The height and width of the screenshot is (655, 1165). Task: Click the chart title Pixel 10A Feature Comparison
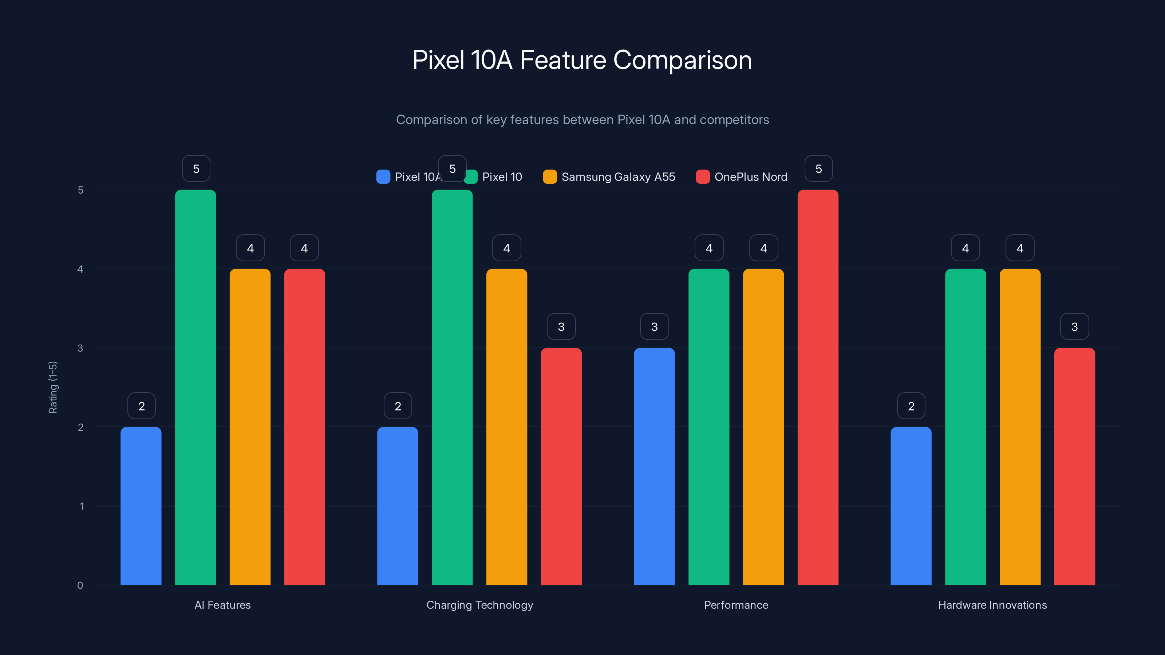[582, 60]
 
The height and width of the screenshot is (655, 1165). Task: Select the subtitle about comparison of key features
[582, 120]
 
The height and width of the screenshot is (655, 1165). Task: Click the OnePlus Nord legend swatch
[702, 177]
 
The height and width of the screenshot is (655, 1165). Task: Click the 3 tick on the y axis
[80, 348]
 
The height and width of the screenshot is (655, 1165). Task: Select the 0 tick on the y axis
[80, 585]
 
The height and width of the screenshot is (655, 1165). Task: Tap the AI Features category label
[222, 605]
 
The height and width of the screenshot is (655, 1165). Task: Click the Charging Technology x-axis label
[479, 605]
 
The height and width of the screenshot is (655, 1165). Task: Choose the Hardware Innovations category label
[992, 605]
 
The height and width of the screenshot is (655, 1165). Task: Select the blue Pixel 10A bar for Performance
[654, 466]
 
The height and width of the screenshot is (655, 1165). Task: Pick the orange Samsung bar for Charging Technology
[506, 427]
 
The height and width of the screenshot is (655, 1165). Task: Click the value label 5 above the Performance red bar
[818, 168]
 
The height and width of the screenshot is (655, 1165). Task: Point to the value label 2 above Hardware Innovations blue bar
[911, 406]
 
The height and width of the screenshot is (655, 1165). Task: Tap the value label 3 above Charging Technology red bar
[561, 326]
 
